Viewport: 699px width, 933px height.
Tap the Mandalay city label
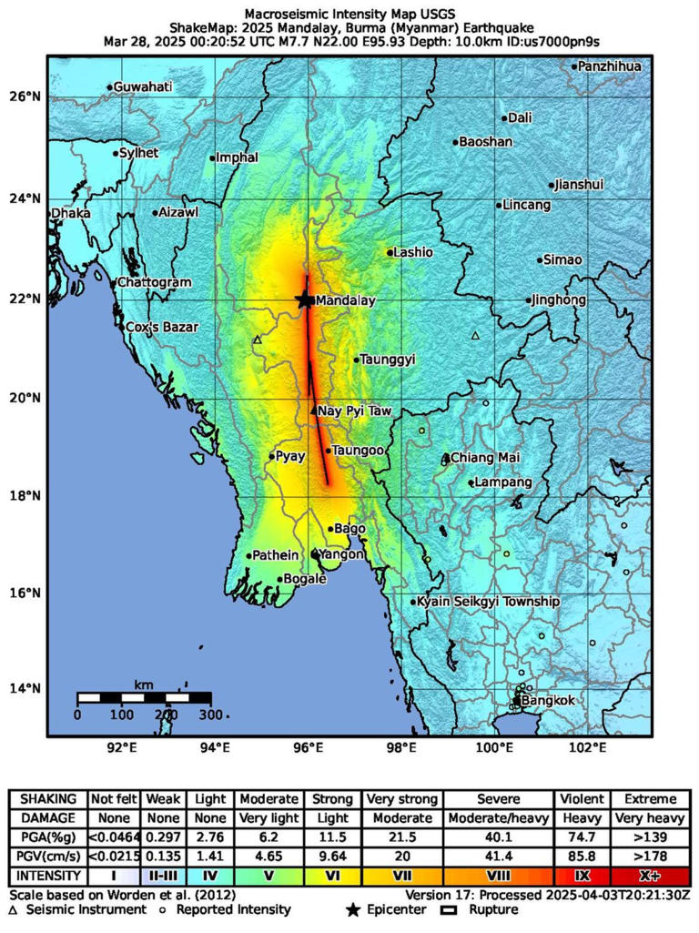[344, 299]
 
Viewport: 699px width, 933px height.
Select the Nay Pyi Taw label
[355, 411]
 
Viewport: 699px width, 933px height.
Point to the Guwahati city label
[143, 86]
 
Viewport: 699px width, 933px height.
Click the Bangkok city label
[550, 700]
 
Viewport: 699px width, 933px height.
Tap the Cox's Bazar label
[160, 326]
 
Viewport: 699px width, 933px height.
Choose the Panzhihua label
[610, 66]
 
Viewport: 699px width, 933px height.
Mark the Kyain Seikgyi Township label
[488, 602]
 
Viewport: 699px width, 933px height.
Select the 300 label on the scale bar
[211, 715]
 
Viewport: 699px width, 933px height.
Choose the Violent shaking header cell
[582, 798]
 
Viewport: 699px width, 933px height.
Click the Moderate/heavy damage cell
[500, 818]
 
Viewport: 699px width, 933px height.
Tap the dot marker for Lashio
[390, 252]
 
